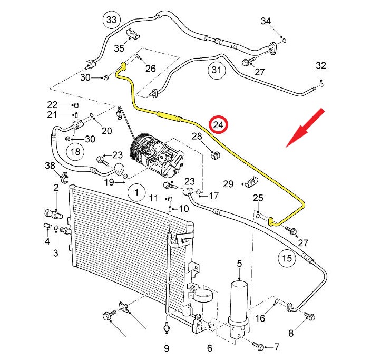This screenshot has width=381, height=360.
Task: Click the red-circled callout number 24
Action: click(x=218, y=125)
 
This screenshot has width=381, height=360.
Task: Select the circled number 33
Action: click(x=112, y=21)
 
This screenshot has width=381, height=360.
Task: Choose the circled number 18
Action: click(x=75, y=152)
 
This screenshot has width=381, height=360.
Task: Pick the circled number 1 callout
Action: click(x=136, y=192)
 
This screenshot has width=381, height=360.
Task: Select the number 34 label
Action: click(x=266, y=21)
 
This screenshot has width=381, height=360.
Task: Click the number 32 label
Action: click(x=321, y=66)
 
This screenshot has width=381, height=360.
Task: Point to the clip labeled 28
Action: click(x=214, y=155)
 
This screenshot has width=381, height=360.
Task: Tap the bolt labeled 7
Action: click(x=258, y=346)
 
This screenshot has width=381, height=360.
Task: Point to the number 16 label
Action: click(x=260, y=318)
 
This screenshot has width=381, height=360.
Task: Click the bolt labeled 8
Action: click(x=309, y=316)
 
